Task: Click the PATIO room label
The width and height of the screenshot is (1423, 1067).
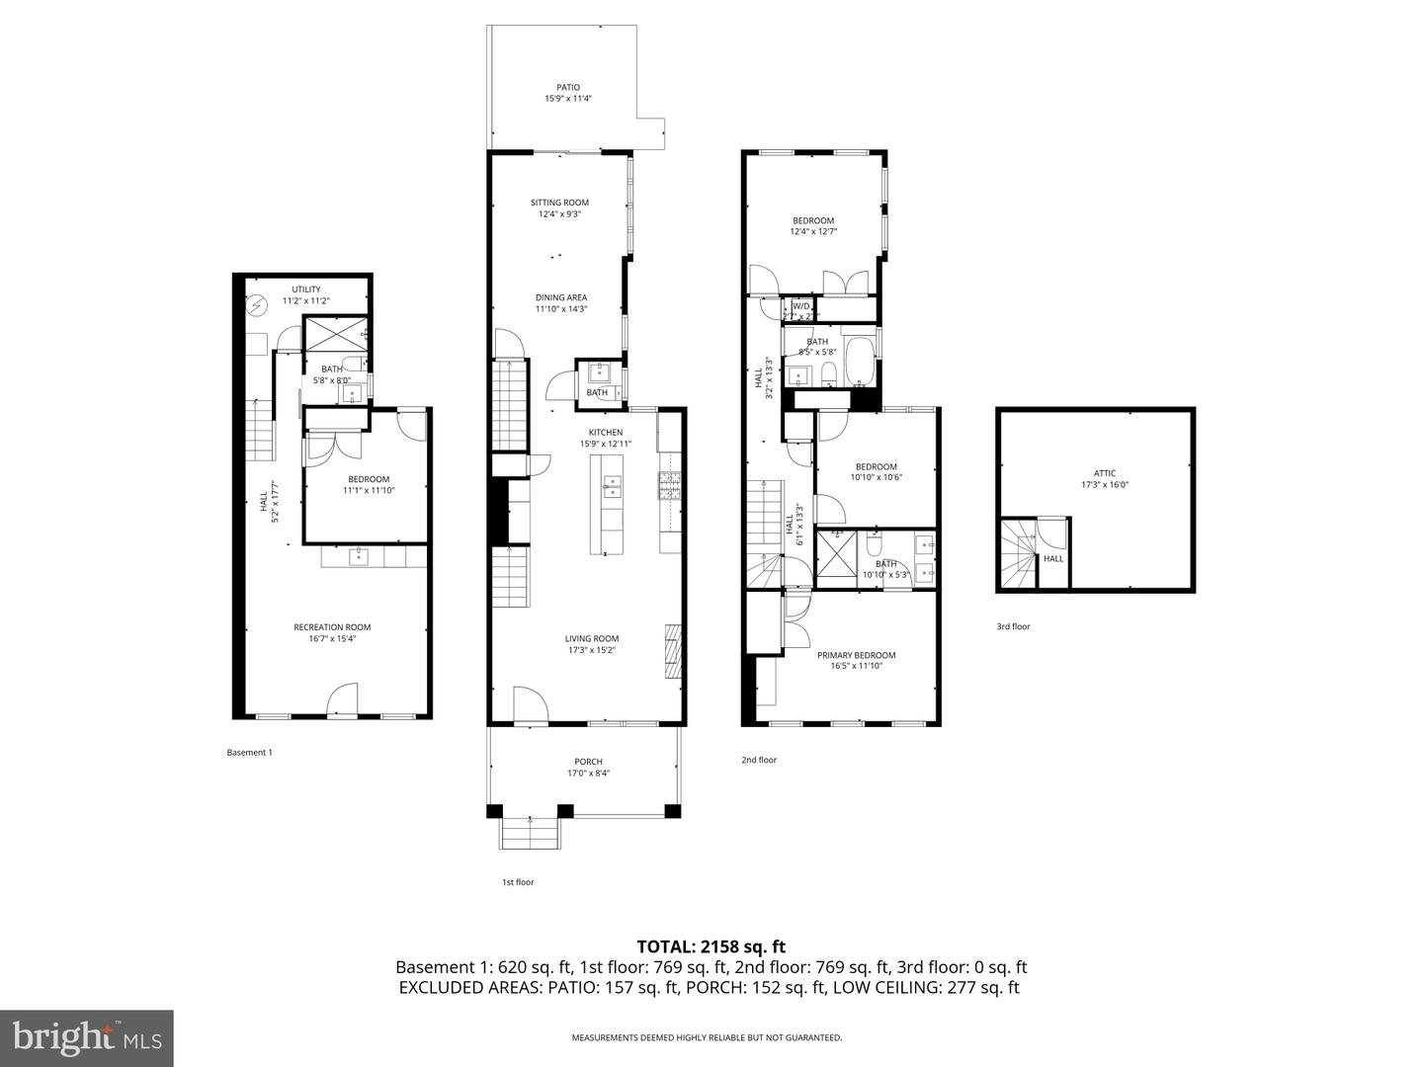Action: (567, 87)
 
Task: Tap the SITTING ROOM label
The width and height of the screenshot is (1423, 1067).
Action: (559, 203)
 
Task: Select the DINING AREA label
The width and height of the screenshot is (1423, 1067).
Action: (561, 297)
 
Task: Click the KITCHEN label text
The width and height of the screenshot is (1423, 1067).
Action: (606, 433)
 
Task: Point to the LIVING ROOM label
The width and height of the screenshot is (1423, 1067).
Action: (592, 639)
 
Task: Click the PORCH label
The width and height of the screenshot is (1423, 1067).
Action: (588, 762)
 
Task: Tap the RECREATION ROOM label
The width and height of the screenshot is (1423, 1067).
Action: (332, 627)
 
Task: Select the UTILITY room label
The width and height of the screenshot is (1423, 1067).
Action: (305, 289)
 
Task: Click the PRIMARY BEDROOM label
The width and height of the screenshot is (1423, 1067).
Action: (856, 655)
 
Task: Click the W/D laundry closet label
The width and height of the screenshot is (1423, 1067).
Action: (800, 306)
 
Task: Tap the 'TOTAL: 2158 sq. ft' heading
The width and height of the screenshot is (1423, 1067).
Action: (711, 946)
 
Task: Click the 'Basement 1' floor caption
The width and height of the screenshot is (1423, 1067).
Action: (249, 753)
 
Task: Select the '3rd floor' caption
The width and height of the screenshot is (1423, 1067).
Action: (1013, 626)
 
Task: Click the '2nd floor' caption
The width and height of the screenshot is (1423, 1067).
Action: (759, 760)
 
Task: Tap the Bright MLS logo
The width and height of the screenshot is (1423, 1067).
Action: (87, 1037)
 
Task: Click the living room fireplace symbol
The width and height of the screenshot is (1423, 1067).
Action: (673, 652)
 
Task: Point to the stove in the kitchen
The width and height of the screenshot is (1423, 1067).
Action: (670, 485)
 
